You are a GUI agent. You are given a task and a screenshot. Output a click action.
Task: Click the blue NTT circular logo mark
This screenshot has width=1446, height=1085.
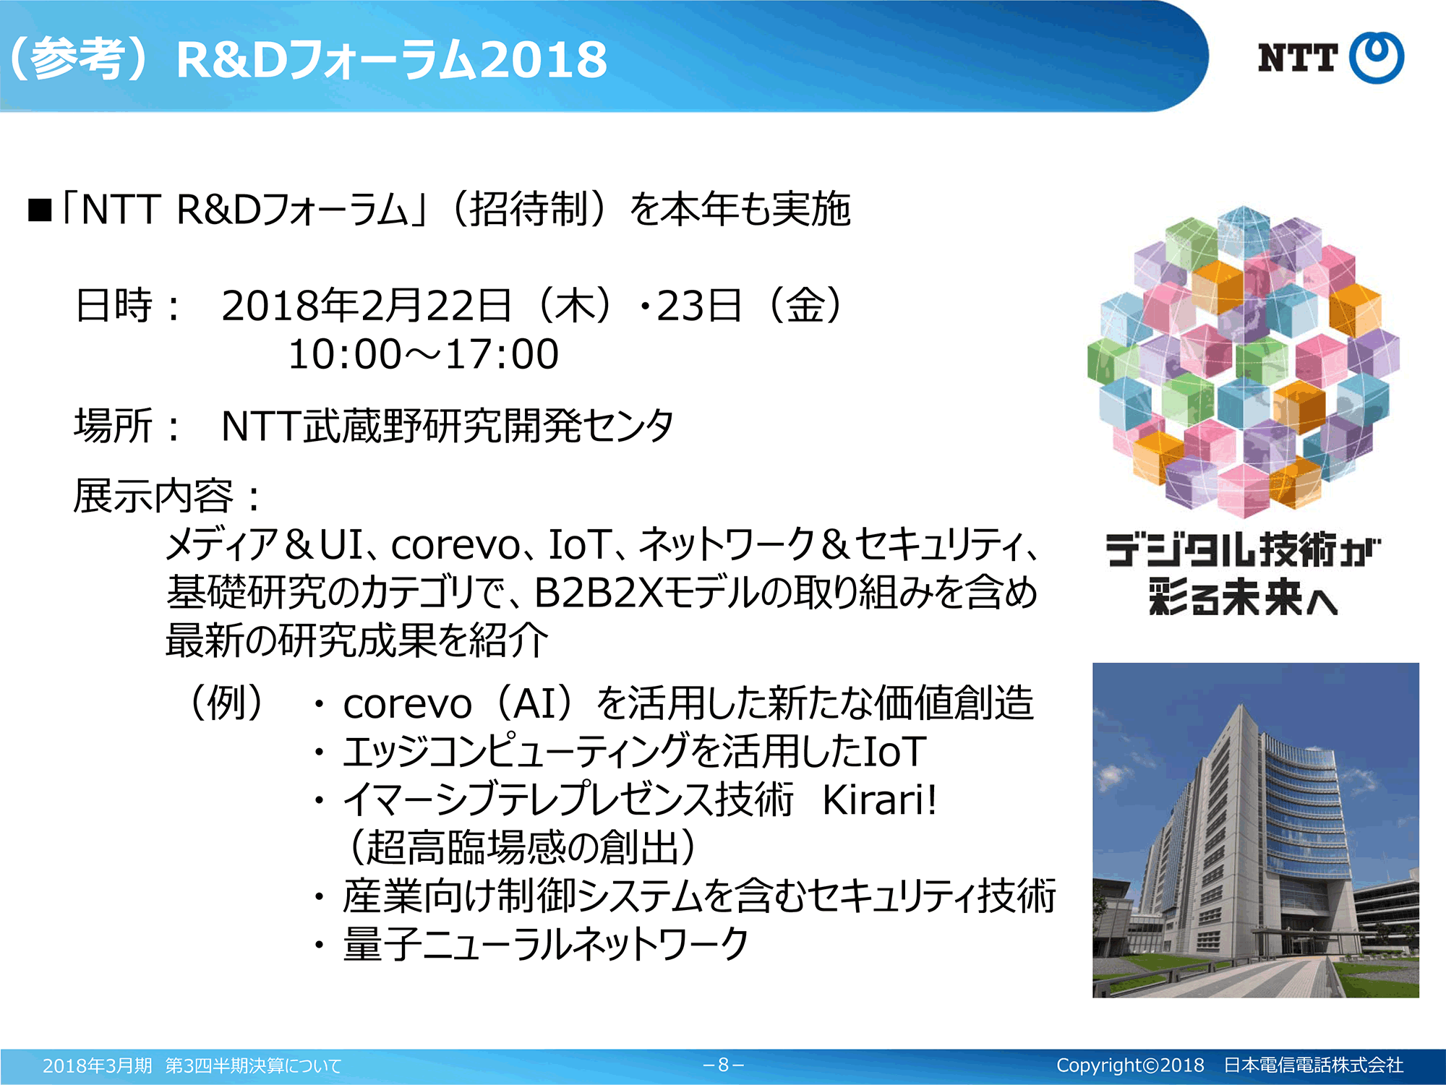click(1377, 57)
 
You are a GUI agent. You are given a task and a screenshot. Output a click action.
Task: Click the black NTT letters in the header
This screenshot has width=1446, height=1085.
click(1297, 58)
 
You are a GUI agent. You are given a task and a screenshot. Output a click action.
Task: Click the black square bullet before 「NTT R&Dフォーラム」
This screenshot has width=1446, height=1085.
click(40, 210)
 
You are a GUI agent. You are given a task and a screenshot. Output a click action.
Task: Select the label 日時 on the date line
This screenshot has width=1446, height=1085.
click(114, 305)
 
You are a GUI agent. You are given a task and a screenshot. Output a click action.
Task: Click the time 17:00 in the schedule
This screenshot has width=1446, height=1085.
click(502, 354)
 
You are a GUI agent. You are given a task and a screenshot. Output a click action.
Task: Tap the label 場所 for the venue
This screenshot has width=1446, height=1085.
click(114, 425)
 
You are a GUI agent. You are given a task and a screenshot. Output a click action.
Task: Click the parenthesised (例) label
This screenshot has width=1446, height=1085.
click(227, 703)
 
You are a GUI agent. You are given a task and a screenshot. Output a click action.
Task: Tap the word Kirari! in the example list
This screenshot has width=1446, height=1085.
click(879, 799)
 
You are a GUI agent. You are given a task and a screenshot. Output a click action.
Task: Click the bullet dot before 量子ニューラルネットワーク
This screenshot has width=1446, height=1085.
click(319, 945)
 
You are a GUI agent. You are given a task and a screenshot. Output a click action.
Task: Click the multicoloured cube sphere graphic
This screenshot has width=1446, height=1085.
click(1244, 361)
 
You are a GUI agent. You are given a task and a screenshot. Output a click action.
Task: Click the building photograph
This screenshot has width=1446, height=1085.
click(1256, 830)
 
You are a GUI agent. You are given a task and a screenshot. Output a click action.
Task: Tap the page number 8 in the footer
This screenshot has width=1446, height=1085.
click(723, 1065)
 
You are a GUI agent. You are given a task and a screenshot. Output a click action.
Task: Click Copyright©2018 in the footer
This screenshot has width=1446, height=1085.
click(1130, 1065)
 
